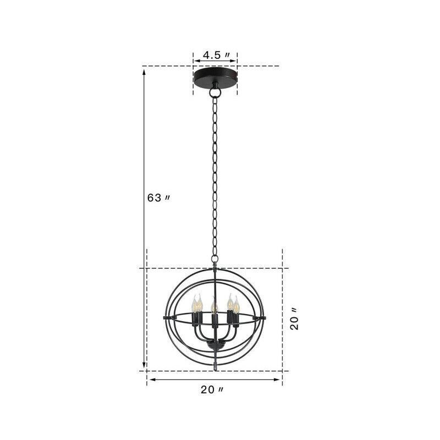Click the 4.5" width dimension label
(x=215, y=56)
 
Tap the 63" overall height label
(x=158, y=198)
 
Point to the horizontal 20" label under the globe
(x=212, y=390)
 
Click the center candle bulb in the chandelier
(x=213, y=302)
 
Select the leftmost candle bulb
(x=194, y=304)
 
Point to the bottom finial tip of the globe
(x=215, y=366)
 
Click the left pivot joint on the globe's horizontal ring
(x=165, y=318)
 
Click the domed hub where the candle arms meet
(x=215, y=346)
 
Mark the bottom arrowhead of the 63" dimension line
(x=145, y=367)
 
